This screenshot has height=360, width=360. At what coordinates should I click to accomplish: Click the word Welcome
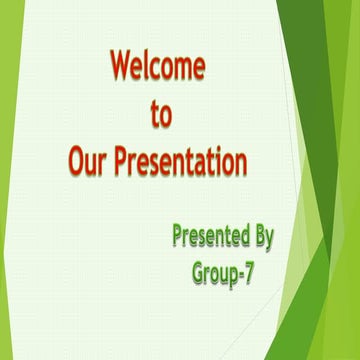158,68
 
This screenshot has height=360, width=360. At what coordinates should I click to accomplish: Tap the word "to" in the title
160,115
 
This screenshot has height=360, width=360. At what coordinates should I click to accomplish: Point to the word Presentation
185,160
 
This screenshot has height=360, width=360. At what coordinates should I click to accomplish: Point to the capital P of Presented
177,238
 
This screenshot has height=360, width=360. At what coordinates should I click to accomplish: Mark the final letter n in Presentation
241,162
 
